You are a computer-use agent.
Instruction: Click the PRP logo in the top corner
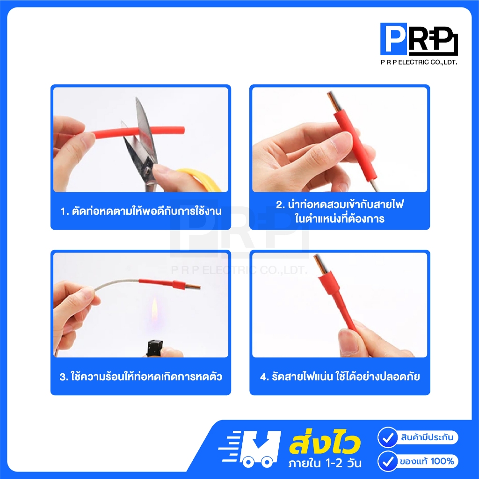pyautogui.click(x=419, y=39)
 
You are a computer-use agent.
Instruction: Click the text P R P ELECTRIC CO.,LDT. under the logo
pyautogui.click(x=419, y=62)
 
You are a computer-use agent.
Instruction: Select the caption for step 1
pyautogui.click(x=141, y=211)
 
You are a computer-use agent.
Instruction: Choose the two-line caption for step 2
pyautogui.click(x=340, y=211)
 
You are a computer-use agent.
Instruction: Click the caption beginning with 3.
pyautogui.click(x=141, y=377)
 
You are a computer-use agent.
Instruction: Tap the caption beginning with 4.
pyautogui.click(x=340, y=377)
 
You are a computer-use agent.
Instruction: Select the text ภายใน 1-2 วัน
pyautogui.click(x=325, y=463)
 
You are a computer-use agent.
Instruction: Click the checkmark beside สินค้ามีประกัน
pyautogui.click(x=388, y=437)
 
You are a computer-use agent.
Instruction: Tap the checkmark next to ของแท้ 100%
pyautogui.click(x=388, y=461)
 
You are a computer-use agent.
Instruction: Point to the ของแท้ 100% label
pyautogui.click(x=427, y=461)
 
